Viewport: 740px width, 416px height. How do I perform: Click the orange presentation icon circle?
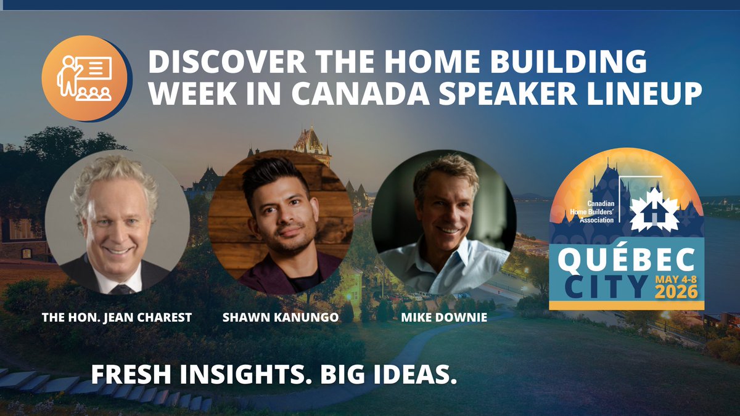point(84,79)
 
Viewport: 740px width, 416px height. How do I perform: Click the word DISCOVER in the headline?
point(217,64)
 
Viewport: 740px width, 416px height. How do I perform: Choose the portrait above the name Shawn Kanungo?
point(281,222)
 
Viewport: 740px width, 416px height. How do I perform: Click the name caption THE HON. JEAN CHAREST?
point(117,317)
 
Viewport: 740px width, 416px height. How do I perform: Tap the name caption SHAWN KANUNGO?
point(281,317)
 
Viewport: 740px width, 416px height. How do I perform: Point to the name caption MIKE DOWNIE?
point(443,317)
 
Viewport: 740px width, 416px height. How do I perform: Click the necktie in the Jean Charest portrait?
point(122,288)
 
